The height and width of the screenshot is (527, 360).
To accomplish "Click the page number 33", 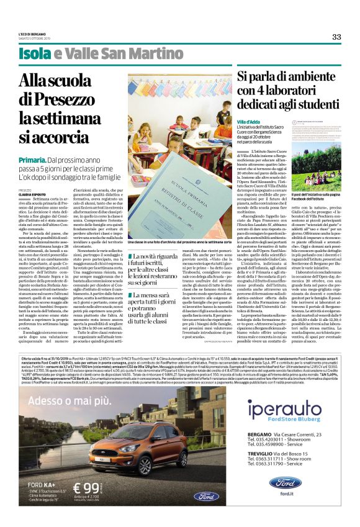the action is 336,37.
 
